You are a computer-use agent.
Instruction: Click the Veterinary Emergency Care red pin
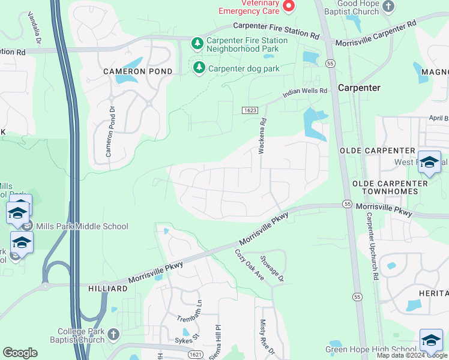[289, 6]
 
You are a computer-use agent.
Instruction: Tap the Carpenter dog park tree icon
[199, 68]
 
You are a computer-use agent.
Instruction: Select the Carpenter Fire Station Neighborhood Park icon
[196, 43]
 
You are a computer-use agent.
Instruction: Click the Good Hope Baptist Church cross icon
[388, 7]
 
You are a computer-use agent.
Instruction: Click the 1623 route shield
[250, 110]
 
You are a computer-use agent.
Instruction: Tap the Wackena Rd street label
[262, 137]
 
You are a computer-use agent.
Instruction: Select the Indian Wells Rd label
[306, 92]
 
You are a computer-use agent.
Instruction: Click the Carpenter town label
[359, 88]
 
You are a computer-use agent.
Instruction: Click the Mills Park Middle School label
[82, 226]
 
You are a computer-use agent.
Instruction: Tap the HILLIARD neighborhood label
[107, 289]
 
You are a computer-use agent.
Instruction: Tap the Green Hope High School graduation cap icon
[430, 340]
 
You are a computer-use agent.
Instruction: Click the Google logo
[20, 353]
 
